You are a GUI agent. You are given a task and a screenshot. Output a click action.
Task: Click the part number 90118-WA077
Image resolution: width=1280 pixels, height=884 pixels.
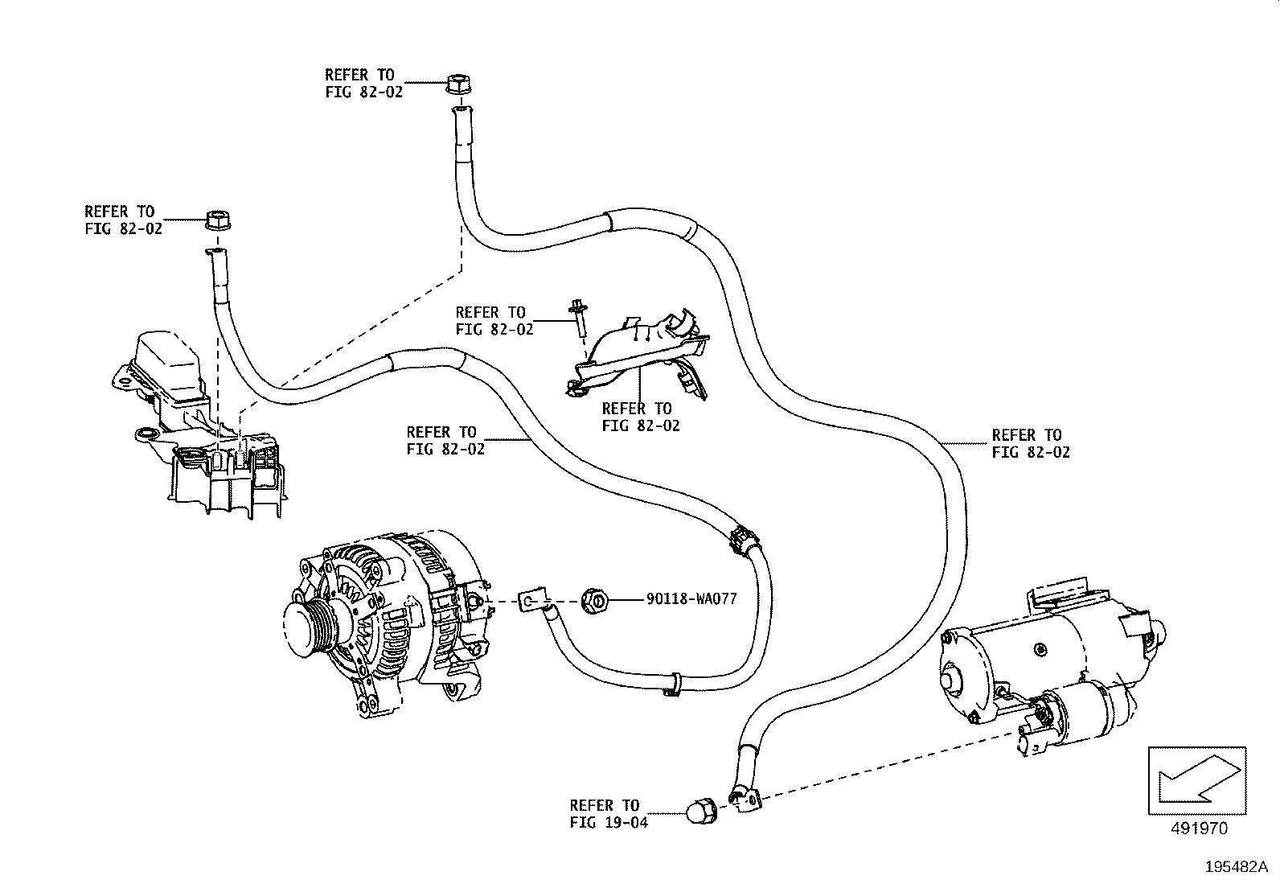click(691, 599)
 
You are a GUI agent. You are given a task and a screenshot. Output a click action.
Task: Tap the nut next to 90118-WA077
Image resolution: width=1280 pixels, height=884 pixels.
click(593, 600)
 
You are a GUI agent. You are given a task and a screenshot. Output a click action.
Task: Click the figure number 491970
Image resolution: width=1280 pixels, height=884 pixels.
click(1197, 828)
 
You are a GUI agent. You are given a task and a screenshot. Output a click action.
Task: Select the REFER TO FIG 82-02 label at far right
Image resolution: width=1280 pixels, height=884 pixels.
click(1031, 443)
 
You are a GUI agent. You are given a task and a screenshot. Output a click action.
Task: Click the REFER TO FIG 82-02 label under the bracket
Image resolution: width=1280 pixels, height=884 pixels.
click(641, 417)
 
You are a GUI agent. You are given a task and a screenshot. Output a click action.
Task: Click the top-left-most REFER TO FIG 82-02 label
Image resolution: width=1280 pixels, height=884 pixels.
click(123, 220)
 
